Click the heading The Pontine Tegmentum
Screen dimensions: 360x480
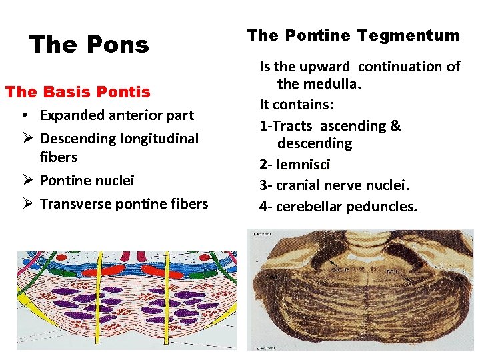click(x=353, y=35)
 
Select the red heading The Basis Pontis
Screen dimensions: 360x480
click(x=77, y=91)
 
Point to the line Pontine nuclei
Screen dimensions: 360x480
click(x=87, y=180)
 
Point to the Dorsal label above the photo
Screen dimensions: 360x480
click(x=261, y=233)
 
